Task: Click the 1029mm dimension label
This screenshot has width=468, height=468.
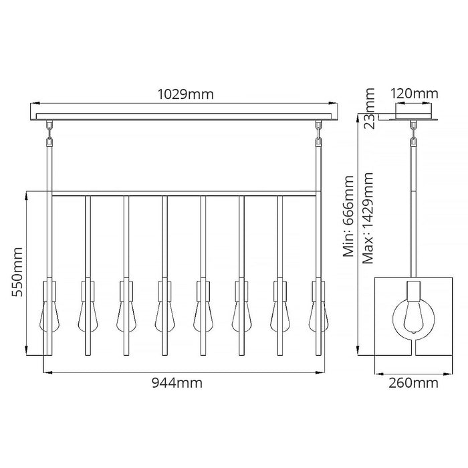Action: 185,94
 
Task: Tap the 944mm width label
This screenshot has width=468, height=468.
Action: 177,382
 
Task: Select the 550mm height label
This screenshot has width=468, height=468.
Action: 17,271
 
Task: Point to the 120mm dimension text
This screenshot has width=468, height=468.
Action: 415,94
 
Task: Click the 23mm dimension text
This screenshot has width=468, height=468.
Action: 369,108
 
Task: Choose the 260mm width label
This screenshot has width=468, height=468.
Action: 413,383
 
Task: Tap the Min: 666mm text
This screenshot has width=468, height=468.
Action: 348,217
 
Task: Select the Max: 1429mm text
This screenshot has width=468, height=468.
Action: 368,218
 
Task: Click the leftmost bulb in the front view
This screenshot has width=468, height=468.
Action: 49,316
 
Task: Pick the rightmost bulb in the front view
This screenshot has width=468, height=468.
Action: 318,316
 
